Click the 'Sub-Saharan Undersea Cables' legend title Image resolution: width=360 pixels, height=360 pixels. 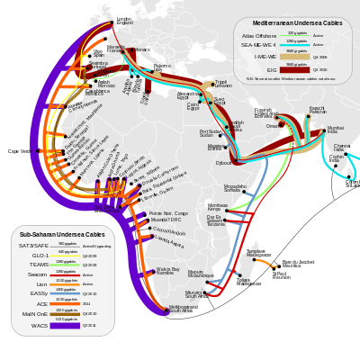click(x=62, y=235)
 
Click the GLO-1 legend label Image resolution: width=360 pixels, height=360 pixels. click(x=40, y=256)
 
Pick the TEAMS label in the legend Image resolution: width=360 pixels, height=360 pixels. click(x=39, y=265)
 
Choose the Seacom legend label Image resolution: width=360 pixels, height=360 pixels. click(x=38, y=274)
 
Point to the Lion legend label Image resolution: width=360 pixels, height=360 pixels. click(x=41, y=283)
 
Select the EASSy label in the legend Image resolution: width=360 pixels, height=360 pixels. click(x=39, y=293)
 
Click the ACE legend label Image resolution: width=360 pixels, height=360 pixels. click(x=41, y=303)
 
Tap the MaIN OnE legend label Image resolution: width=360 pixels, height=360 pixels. click(x=36, y=314)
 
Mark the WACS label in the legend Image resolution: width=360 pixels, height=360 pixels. click(x=40, y=325)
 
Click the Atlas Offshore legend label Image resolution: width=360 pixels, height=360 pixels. click(x=258, y=35)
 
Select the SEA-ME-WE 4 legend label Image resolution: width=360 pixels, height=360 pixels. click(x=259, y=45)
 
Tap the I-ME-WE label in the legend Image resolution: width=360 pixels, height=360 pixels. click(x=265, y=56)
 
